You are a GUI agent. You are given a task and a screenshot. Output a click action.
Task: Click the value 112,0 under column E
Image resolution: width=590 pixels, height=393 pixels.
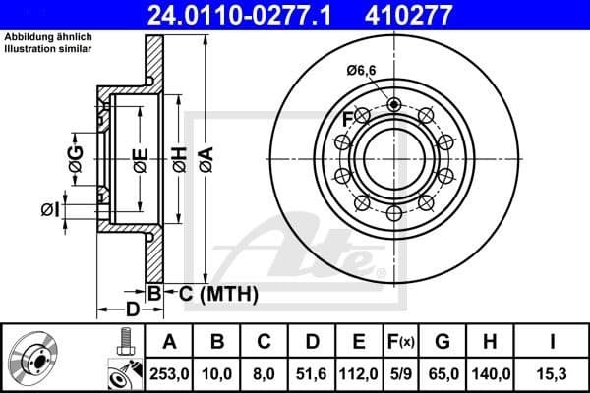pyautogui.click(x=361, y=374)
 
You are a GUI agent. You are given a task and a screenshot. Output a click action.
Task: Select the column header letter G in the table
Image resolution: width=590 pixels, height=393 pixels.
pyautogui.click(x=443, y=342)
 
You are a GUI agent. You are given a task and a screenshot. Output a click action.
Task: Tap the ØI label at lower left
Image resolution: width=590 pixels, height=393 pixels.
pyautogui.click(x=50, y=208)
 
